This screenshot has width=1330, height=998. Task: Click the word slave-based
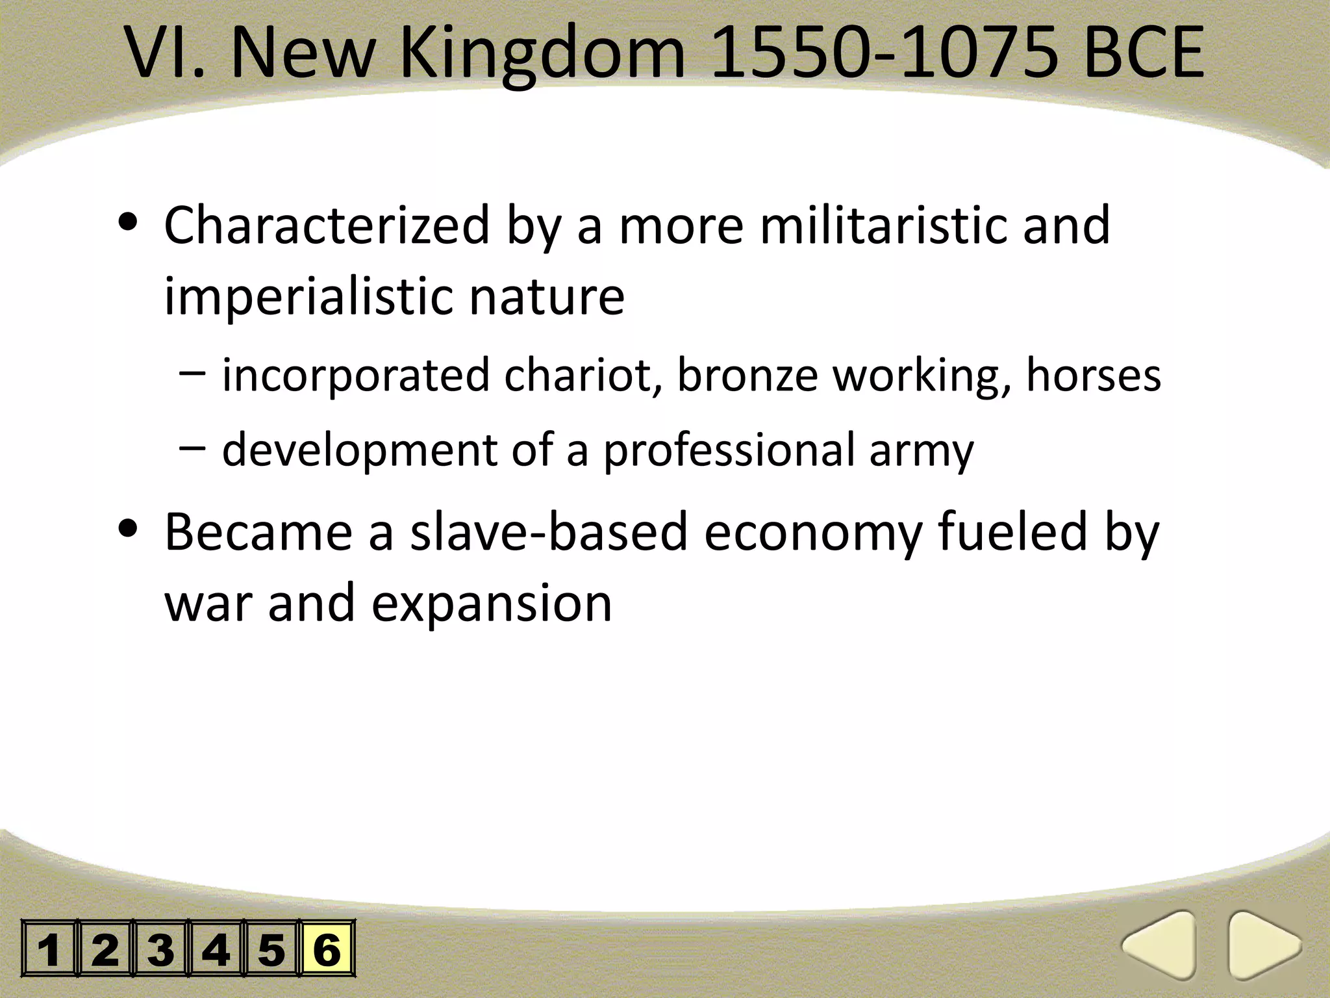tap(549, 531)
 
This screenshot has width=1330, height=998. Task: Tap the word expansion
tap(492, 603)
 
